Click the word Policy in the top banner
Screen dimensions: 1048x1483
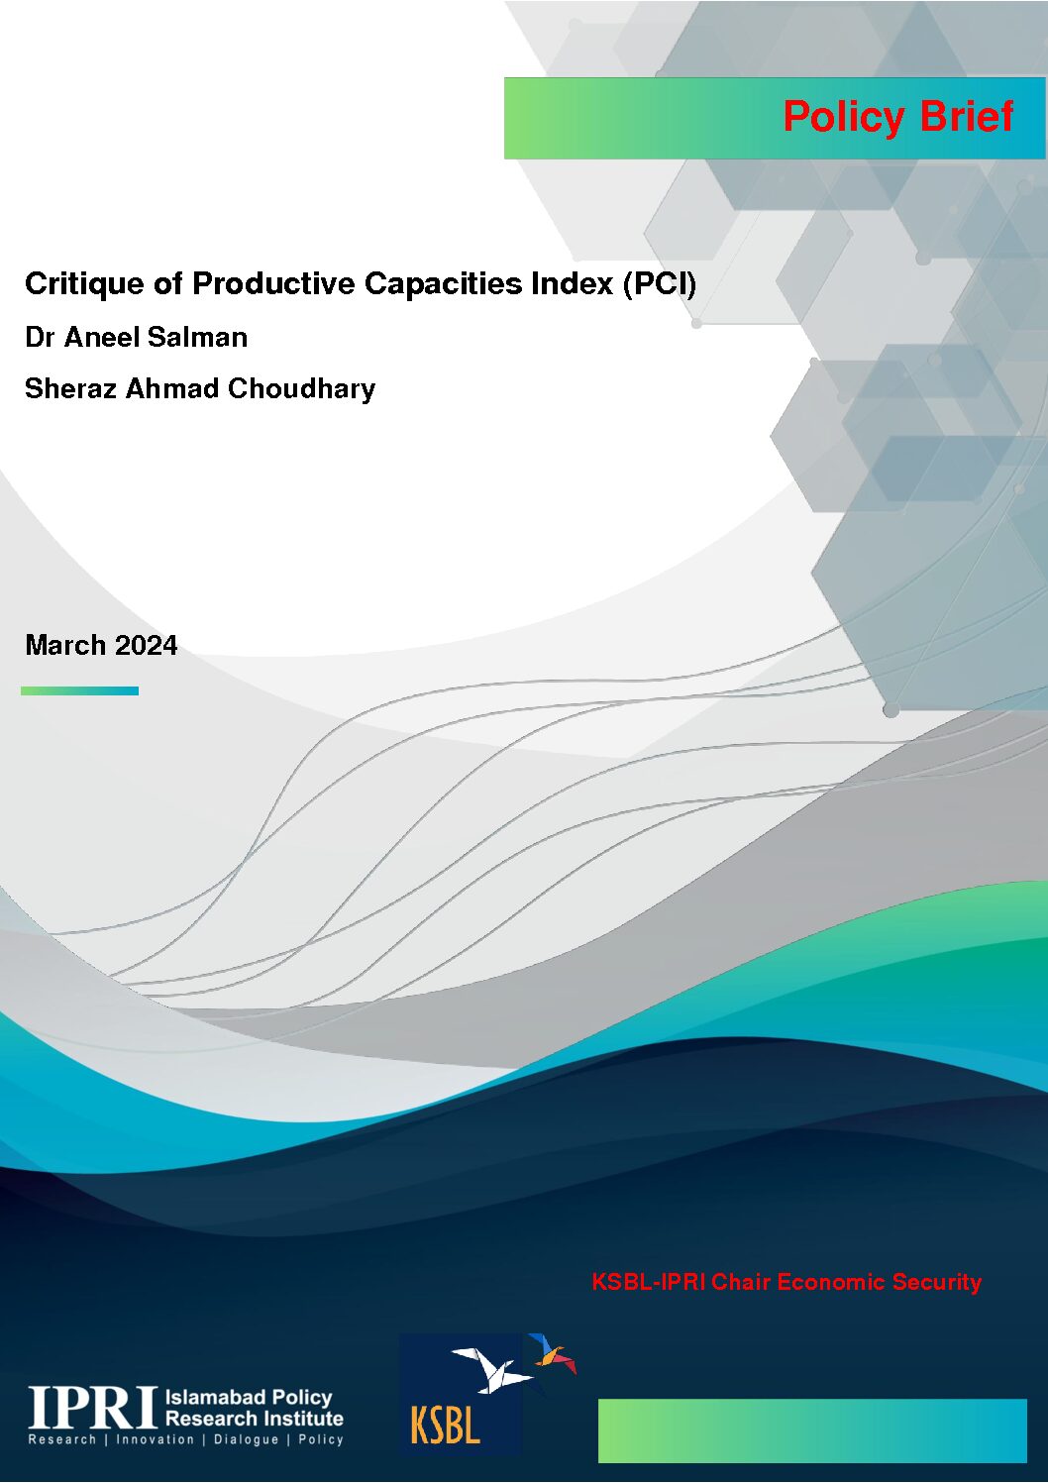pos(844,117)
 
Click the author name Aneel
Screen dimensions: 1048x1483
pos(102,338)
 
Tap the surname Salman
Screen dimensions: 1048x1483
pos(197,338)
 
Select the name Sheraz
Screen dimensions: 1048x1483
pos(71,388)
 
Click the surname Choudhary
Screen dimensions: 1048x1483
pos(301,389)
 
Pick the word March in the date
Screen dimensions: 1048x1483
pos(65,645)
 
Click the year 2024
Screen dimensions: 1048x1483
pos(147,645)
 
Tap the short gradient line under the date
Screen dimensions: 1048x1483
pos(79,690)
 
